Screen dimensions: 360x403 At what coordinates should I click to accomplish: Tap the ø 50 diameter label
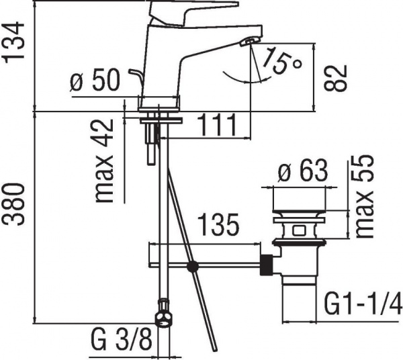[95, 83]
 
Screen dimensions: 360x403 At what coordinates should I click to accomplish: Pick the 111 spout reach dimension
[217, 125]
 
